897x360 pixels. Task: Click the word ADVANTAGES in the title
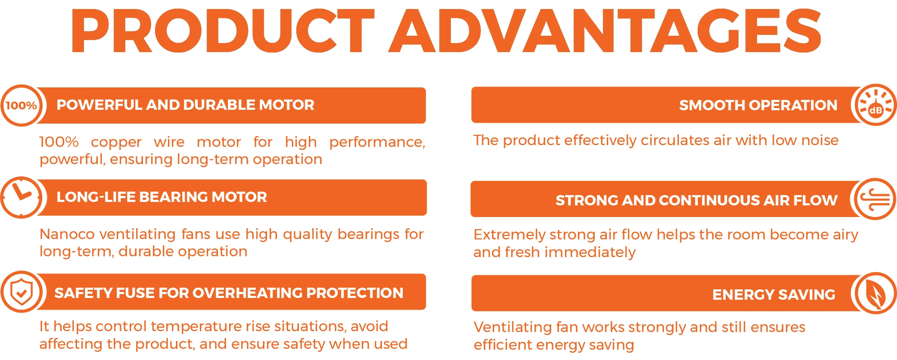click(x=605, y=31)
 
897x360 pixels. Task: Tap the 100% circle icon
click(x=21, y=106)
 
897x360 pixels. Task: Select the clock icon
click(x=21, y=197)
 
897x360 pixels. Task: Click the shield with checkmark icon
click(x=22, y=292)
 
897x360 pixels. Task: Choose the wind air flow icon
click(x=874, y=199)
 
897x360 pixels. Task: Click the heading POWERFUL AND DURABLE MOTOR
click(x=185, y=105)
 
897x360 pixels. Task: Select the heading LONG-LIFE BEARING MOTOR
click(x=161, y=197)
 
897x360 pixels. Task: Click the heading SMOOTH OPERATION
click(x=758, y=106)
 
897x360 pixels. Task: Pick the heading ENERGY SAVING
click(x=773, y=295)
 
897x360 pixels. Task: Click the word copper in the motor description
click(x=116, y=143)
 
